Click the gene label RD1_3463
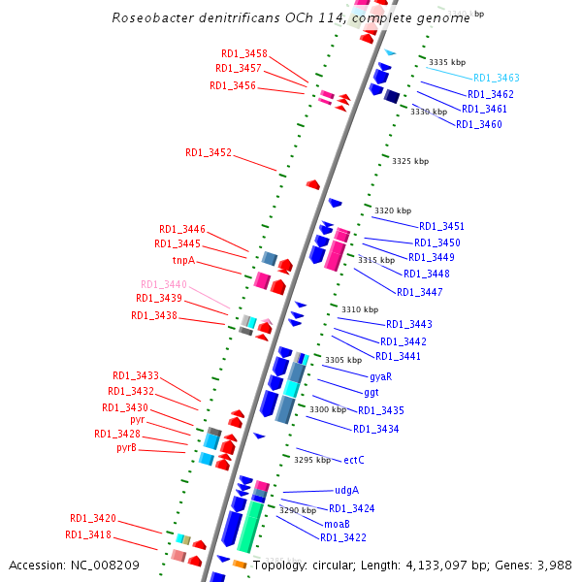pos(496,78)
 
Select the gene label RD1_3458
pos(243,53)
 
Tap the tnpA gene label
pos(183,260)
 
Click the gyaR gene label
pos(380,376)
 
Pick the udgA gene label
pos(347,490)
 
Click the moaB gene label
pos(337,523)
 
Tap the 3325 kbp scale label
pos(409,161)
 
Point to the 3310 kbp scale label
pos(358,309)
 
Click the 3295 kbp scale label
pos(312,461)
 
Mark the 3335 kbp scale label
pos(446,62)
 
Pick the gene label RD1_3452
pos(209,152)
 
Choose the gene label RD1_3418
pos(88,534)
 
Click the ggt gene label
pos(372,392)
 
